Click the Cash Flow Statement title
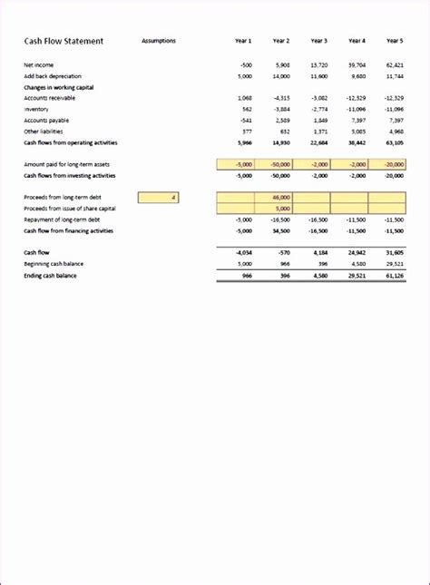click(x=64, y=41)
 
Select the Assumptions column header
click(x=159, y=41)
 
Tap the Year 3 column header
click(x=318, y=41)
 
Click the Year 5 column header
click(x=395, y=41)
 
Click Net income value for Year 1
click(x=245, y=65)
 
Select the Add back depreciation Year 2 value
click(x=280, y=76)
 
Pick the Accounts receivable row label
click(x=50, y=98)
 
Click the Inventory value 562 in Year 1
click(x=245, y=109)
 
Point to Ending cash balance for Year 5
click(x=394, y=275)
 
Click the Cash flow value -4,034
click(x=242, y=252)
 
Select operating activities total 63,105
click(x=394, y=142)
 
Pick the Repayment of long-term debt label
click(x=63, y=219)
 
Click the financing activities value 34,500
click(x=280, y=230)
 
